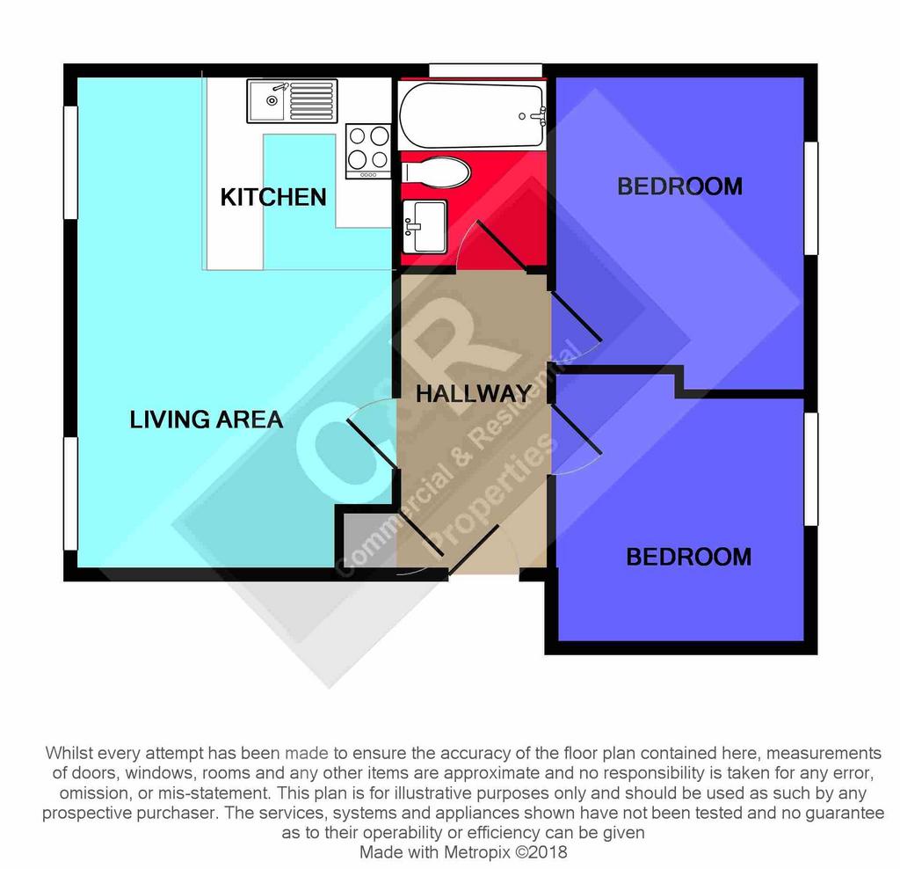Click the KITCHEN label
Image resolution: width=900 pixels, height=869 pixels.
273,197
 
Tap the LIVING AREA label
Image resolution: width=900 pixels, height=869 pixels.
206,420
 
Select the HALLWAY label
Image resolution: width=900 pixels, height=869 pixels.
474,393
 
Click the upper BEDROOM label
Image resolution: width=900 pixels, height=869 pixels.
679,186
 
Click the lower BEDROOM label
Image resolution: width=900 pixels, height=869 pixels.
689,557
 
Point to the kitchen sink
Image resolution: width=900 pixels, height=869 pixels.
292,101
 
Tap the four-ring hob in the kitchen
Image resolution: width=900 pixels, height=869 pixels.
368,151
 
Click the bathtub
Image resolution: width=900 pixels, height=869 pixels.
472,115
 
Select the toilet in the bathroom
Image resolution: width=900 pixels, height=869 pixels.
435,172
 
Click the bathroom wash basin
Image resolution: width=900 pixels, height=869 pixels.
425,226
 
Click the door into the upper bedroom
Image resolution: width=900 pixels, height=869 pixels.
576,317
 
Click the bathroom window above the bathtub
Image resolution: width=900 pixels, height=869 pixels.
485,70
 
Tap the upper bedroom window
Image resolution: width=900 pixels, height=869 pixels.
810,198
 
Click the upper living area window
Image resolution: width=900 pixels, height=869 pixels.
70,163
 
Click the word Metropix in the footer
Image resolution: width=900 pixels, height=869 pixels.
477,851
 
